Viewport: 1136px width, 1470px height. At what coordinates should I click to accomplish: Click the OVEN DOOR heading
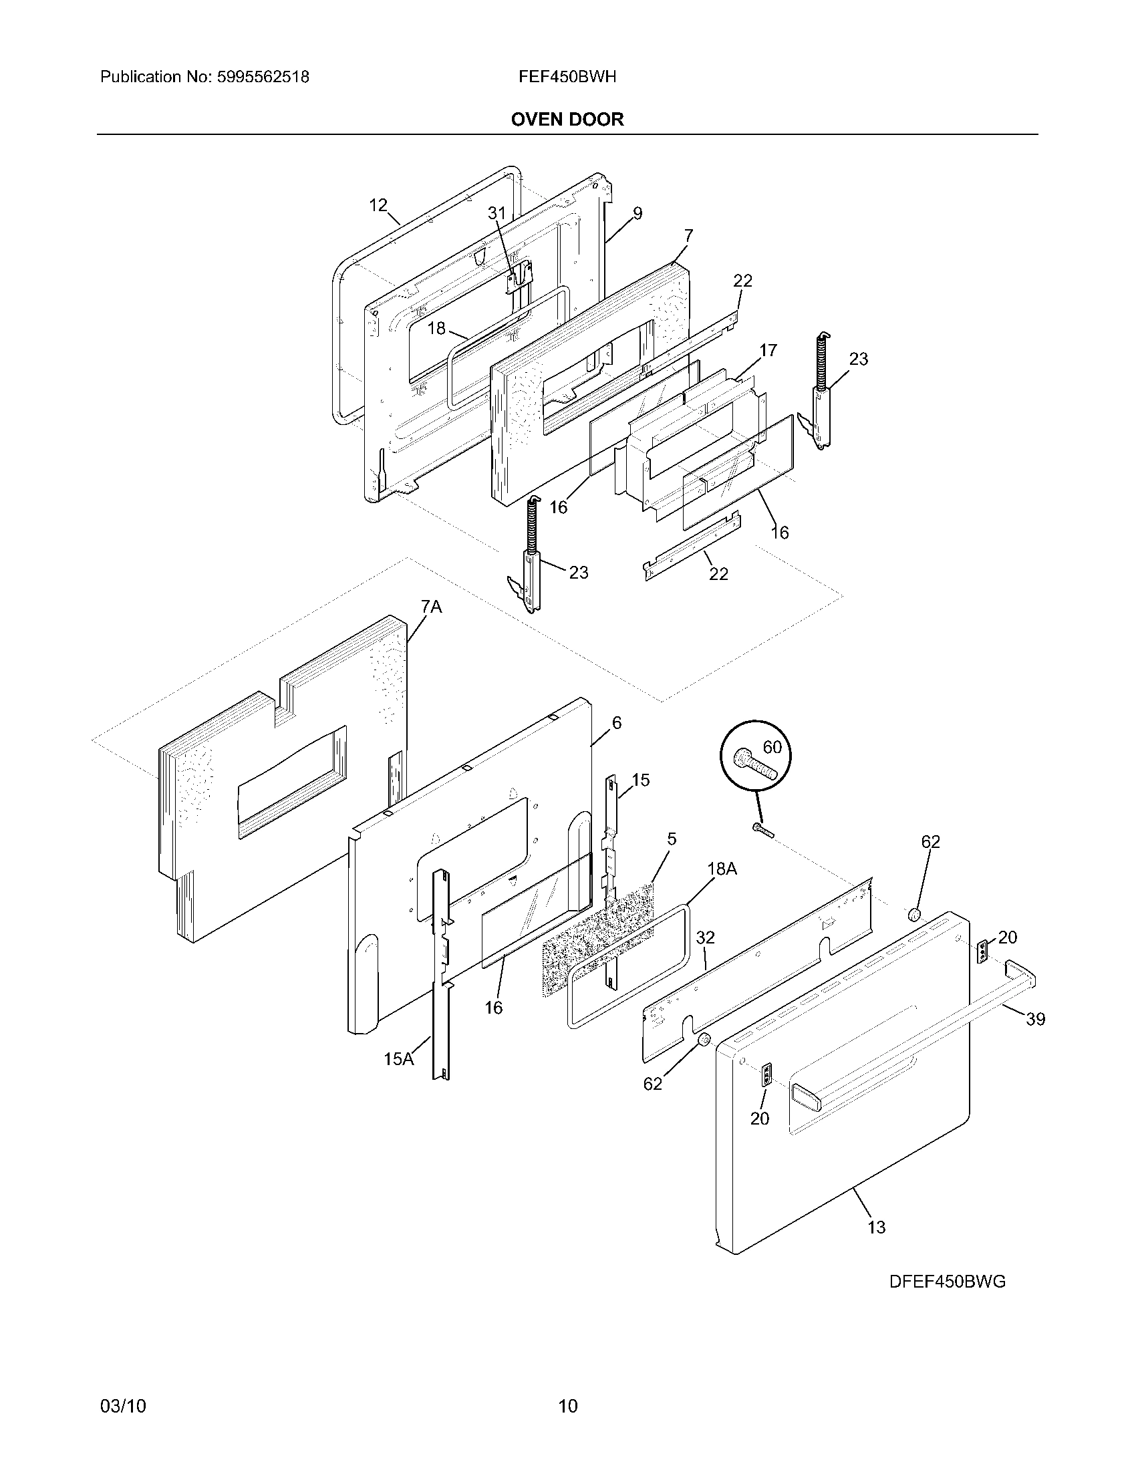pos(567,119)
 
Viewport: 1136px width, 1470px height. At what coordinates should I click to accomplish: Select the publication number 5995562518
pos(263,77)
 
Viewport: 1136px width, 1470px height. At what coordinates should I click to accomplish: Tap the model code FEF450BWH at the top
pos(567,77)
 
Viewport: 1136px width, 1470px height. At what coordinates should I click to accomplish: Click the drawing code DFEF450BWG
pos(947,1282)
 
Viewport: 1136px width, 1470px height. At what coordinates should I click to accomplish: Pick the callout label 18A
pos(722,869)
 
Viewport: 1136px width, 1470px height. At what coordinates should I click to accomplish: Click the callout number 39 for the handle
pos(1035,1019)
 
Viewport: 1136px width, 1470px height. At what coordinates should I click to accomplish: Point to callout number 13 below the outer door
pos(876,1227)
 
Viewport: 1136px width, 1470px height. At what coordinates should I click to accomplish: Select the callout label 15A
pos(398,1059)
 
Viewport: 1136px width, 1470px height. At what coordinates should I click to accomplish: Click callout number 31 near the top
pos(496,212)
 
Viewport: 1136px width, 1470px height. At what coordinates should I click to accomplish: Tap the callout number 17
pos(768,350)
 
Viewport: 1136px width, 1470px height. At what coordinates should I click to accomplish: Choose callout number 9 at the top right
pos(637,213)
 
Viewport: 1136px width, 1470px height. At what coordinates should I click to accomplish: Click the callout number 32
pos(705,937)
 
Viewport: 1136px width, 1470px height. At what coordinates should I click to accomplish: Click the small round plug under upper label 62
pos(914,914)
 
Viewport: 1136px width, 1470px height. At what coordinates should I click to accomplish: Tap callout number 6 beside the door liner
pos(617,722)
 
